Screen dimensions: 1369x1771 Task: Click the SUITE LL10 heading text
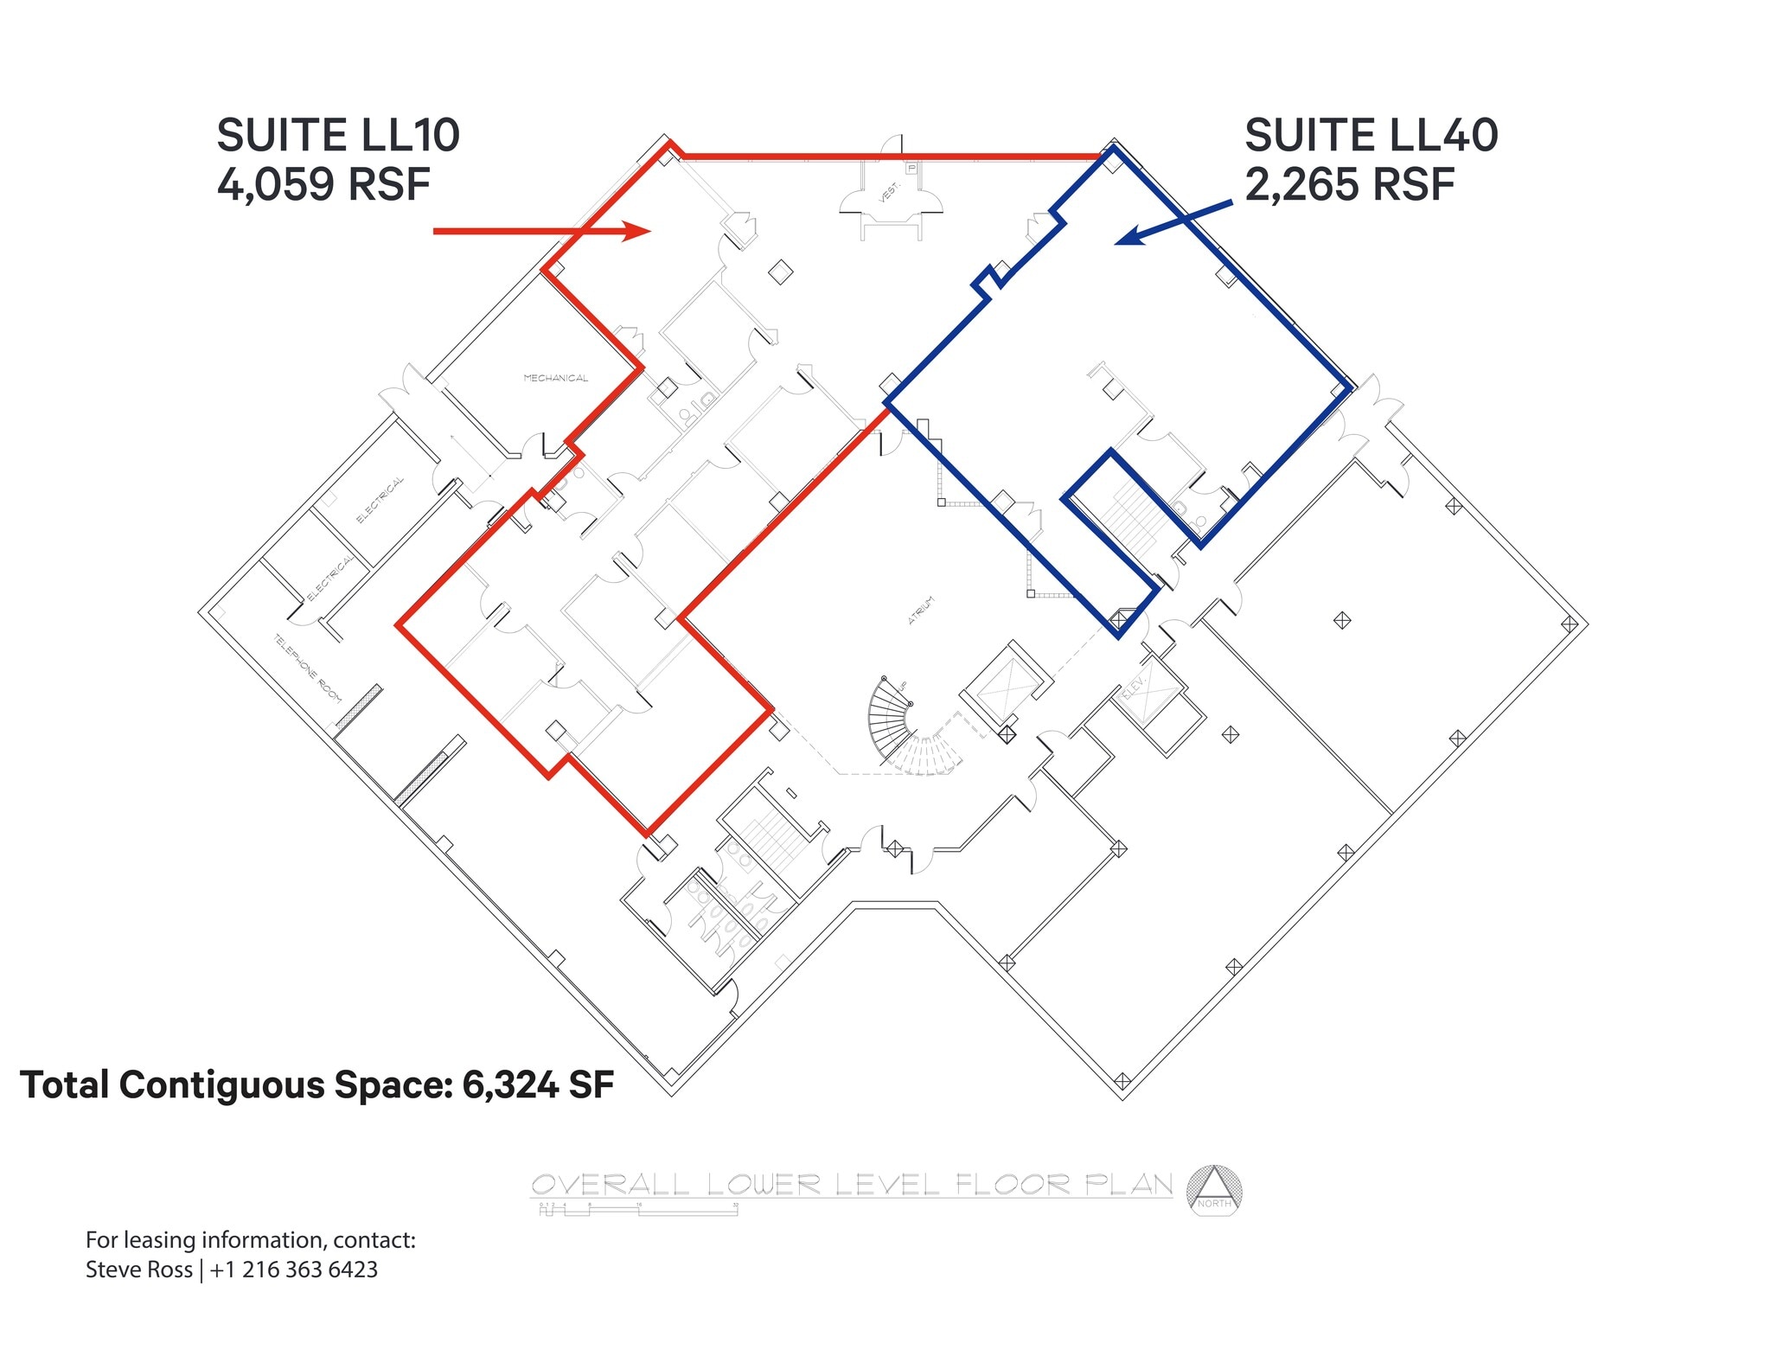click(x=338, y=136)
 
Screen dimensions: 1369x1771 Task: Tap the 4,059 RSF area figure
click(x=323, y=184)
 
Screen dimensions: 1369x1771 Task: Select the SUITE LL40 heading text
click(x=1371, y=136)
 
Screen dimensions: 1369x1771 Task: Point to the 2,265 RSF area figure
click(x=1349, y=184)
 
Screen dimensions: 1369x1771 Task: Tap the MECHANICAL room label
click(x=555, y=378)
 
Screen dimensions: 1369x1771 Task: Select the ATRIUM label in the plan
click(x=921, y=610)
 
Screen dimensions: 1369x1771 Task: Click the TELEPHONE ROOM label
click(x=308, y=669)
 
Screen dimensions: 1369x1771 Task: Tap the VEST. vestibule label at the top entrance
click(x=890, y=192)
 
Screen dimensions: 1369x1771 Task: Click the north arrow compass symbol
click(x=1214, y=1191)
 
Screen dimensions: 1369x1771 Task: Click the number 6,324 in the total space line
click(x=509, y=1085)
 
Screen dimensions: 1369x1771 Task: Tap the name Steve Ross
click(x=138, y=1270)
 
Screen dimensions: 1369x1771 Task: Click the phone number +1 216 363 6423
click(x=293, y=1270)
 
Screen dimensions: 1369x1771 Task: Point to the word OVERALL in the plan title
click(x=610, y=1185)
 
